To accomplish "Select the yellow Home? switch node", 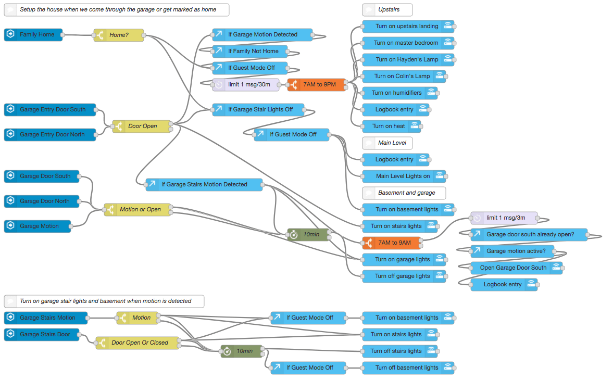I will click(x=119, y=35).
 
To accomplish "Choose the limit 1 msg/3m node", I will click(x=504, y=218).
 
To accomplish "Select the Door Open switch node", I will click(x=142, y=126).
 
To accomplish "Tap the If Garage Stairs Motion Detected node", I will click(x=204, y=185).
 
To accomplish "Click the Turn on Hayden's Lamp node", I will click(x=407, y=60).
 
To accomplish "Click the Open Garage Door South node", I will click(x=514, y=268).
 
